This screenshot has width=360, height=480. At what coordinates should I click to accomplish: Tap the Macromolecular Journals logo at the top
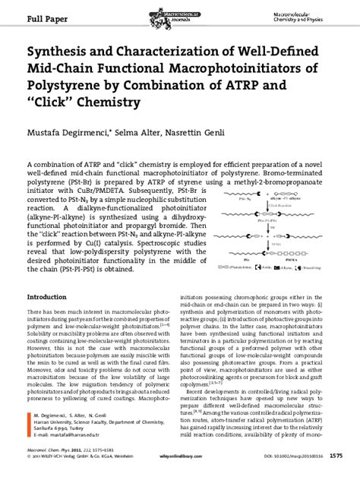point(180,12)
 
